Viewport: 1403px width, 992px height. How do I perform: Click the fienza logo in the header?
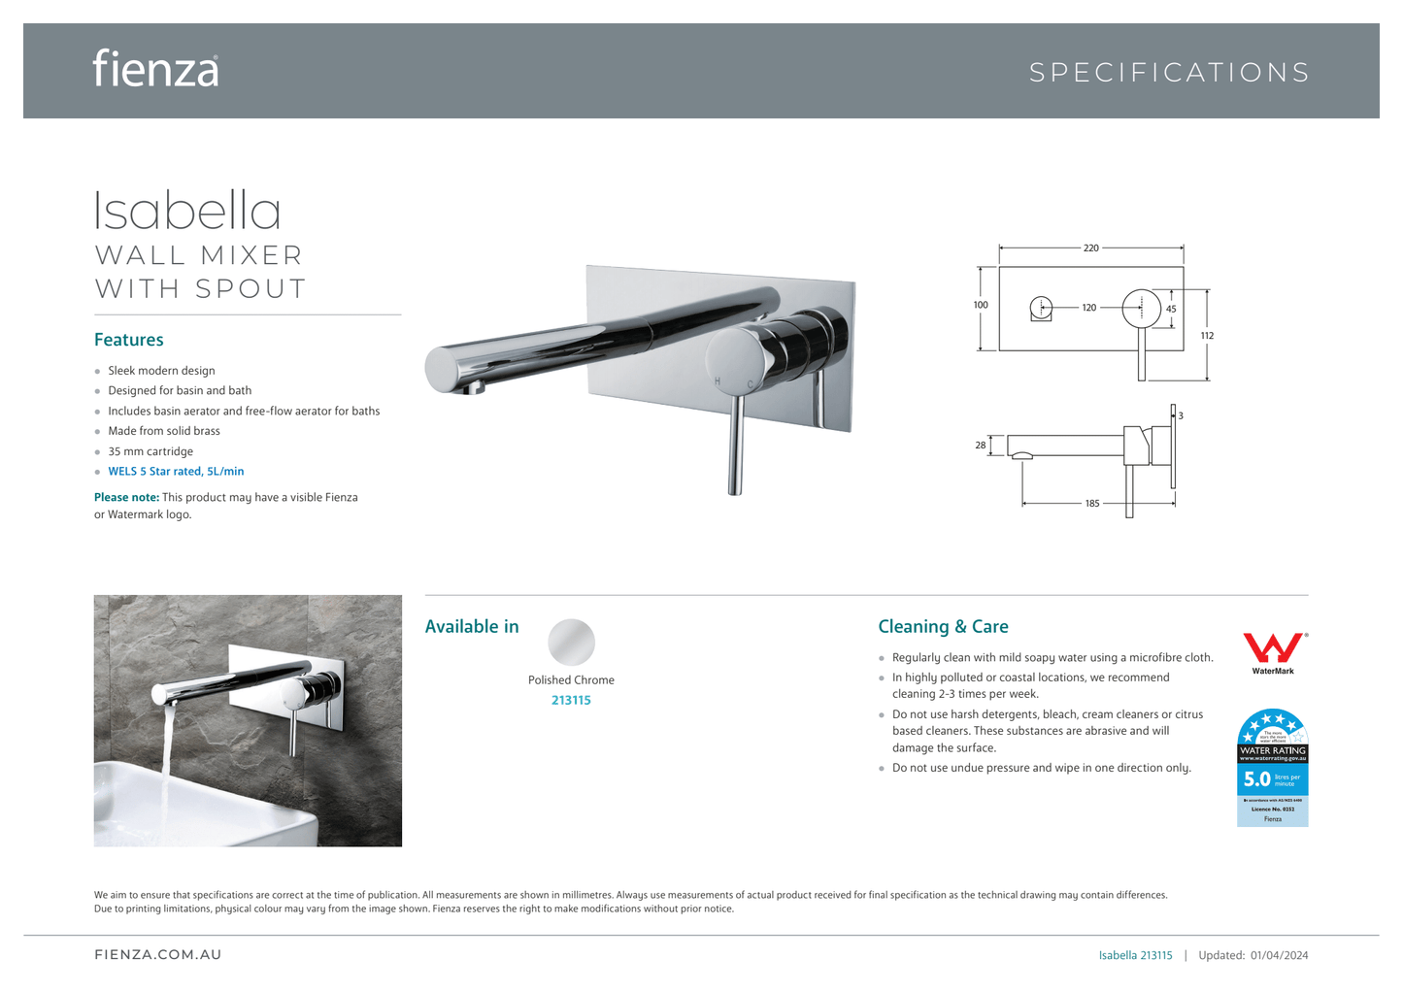(155, 69)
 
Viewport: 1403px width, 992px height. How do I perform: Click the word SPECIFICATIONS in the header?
(1169, 73)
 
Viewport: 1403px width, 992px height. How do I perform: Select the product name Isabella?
(187, 211)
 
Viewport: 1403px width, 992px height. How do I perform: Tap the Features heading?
(129, 340)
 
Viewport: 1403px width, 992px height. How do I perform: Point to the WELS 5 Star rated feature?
(176, 472)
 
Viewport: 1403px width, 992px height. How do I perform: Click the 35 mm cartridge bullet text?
(150, 451)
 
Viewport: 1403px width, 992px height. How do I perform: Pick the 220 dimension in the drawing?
(1090, 248)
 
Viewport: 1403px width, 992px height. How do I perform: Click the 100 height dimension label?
(981, 305)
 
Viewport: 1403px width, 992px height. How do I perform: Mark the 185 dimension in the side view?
(1092, 503)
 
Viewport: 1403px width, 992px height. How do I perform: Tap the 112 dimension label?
(1207, 336)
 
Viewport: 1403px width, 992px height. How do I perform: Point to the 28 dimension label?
(981, 446)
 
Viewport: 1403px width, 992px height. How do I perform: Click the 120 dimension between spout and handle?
(1089, 308)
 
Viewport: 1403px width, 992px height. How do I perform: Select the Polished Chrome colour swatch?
(571, 642)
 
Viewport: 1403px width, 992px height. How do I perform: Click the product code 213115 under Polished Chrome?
(571, 701)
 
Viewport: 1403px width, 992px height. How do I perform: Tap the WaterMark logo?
(1273, 650)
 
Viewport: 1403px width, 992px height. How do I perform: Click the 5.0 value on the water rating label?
(1256, 778)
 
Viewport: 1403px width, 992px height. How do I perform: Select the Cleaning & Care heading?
(943, 627)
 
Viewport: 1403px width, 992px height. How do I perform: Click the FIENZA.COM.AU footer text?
(158, 955)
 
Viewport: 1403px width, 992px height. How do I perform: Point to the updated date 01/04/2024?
(1279, 955)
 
